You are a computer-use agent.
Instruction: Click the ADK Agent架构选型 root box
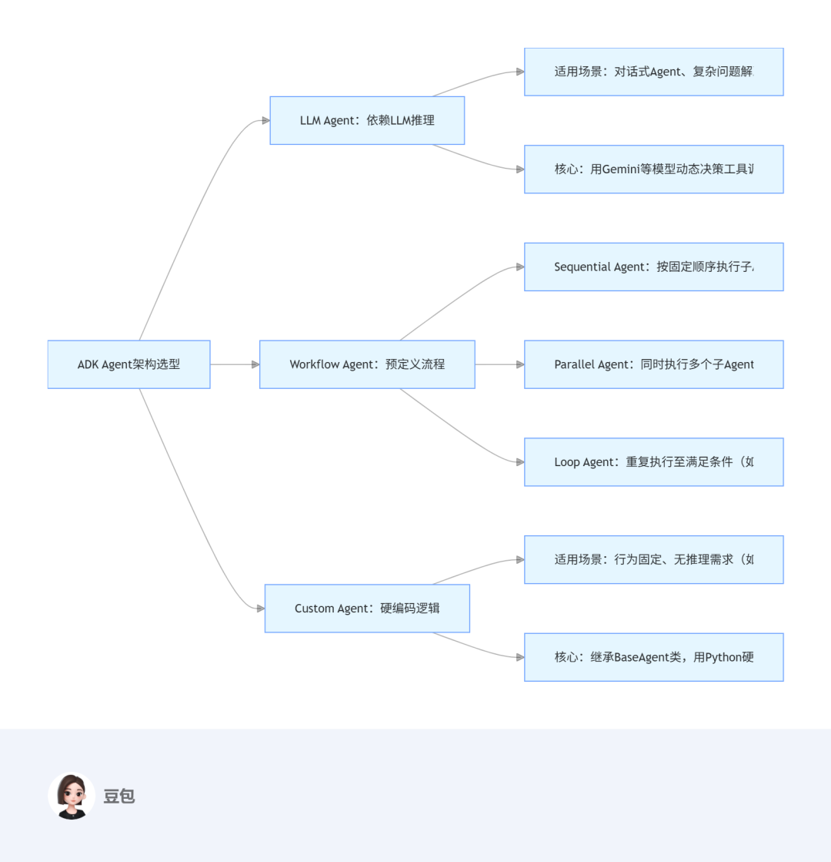(128, 364)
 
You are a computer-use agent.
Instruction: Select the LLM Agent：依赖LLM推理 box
(367, 120)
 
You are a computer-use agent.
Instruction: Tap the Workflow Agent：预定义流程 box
(367, 364)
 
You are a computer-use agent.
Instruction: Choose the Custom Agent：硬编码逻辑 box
(367, 609)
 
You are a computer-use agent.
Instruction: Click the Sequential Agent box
(653, 267)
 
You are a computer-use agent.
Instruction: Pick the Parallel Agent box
(653, 364)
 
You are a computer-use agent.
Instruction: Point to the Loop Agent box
(653, 462)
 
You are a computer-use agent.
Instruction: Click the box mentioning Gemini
(653, 169)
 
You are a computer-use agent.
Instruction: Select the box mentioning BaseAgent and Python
(653, 657)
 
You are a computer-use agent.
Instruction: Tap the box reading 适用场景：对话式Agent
(653, 72)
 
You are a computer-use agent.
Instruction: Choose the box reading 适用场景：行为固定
(653, 560)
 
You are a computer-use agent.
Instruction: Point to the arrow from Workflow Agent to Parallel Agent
(499, 364)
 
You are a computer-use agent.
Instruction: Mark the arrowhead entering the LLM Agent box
(265, 120)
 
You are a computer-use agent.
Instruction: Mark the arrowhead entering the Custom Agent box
(260, 609)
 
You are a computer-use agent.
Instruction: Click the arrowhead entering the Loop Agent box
(520, 462)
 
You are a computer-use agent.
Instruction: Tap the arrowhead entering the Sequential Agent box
(520, 267)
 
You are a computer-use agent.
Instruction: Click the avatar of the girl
(72, 796)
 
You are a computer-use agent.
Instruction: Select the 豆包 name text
(119, 797)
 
